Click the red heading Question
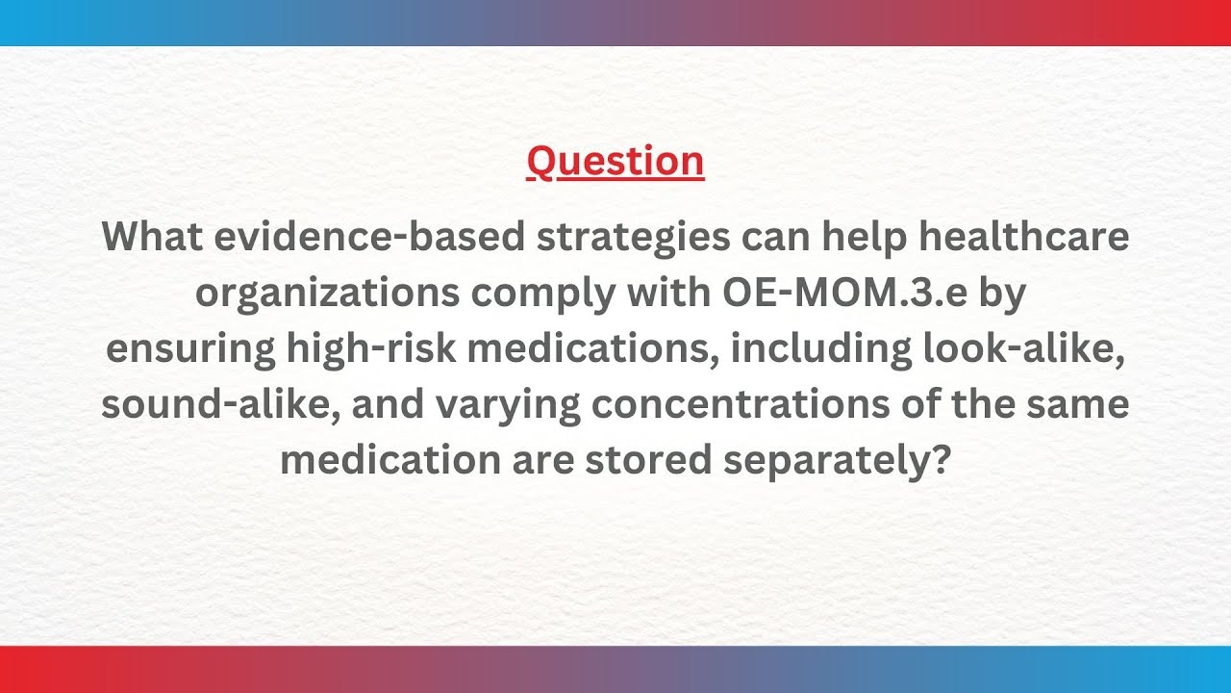(615, 161)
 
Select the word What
(152, 237)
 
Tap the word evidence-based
(369, 237)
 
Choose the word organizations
(327, 293)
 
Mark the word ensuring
(189, 348)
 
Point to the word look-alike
(1021, 348)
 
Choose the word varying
(508, 404)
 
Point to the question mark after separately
(940, 460)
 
